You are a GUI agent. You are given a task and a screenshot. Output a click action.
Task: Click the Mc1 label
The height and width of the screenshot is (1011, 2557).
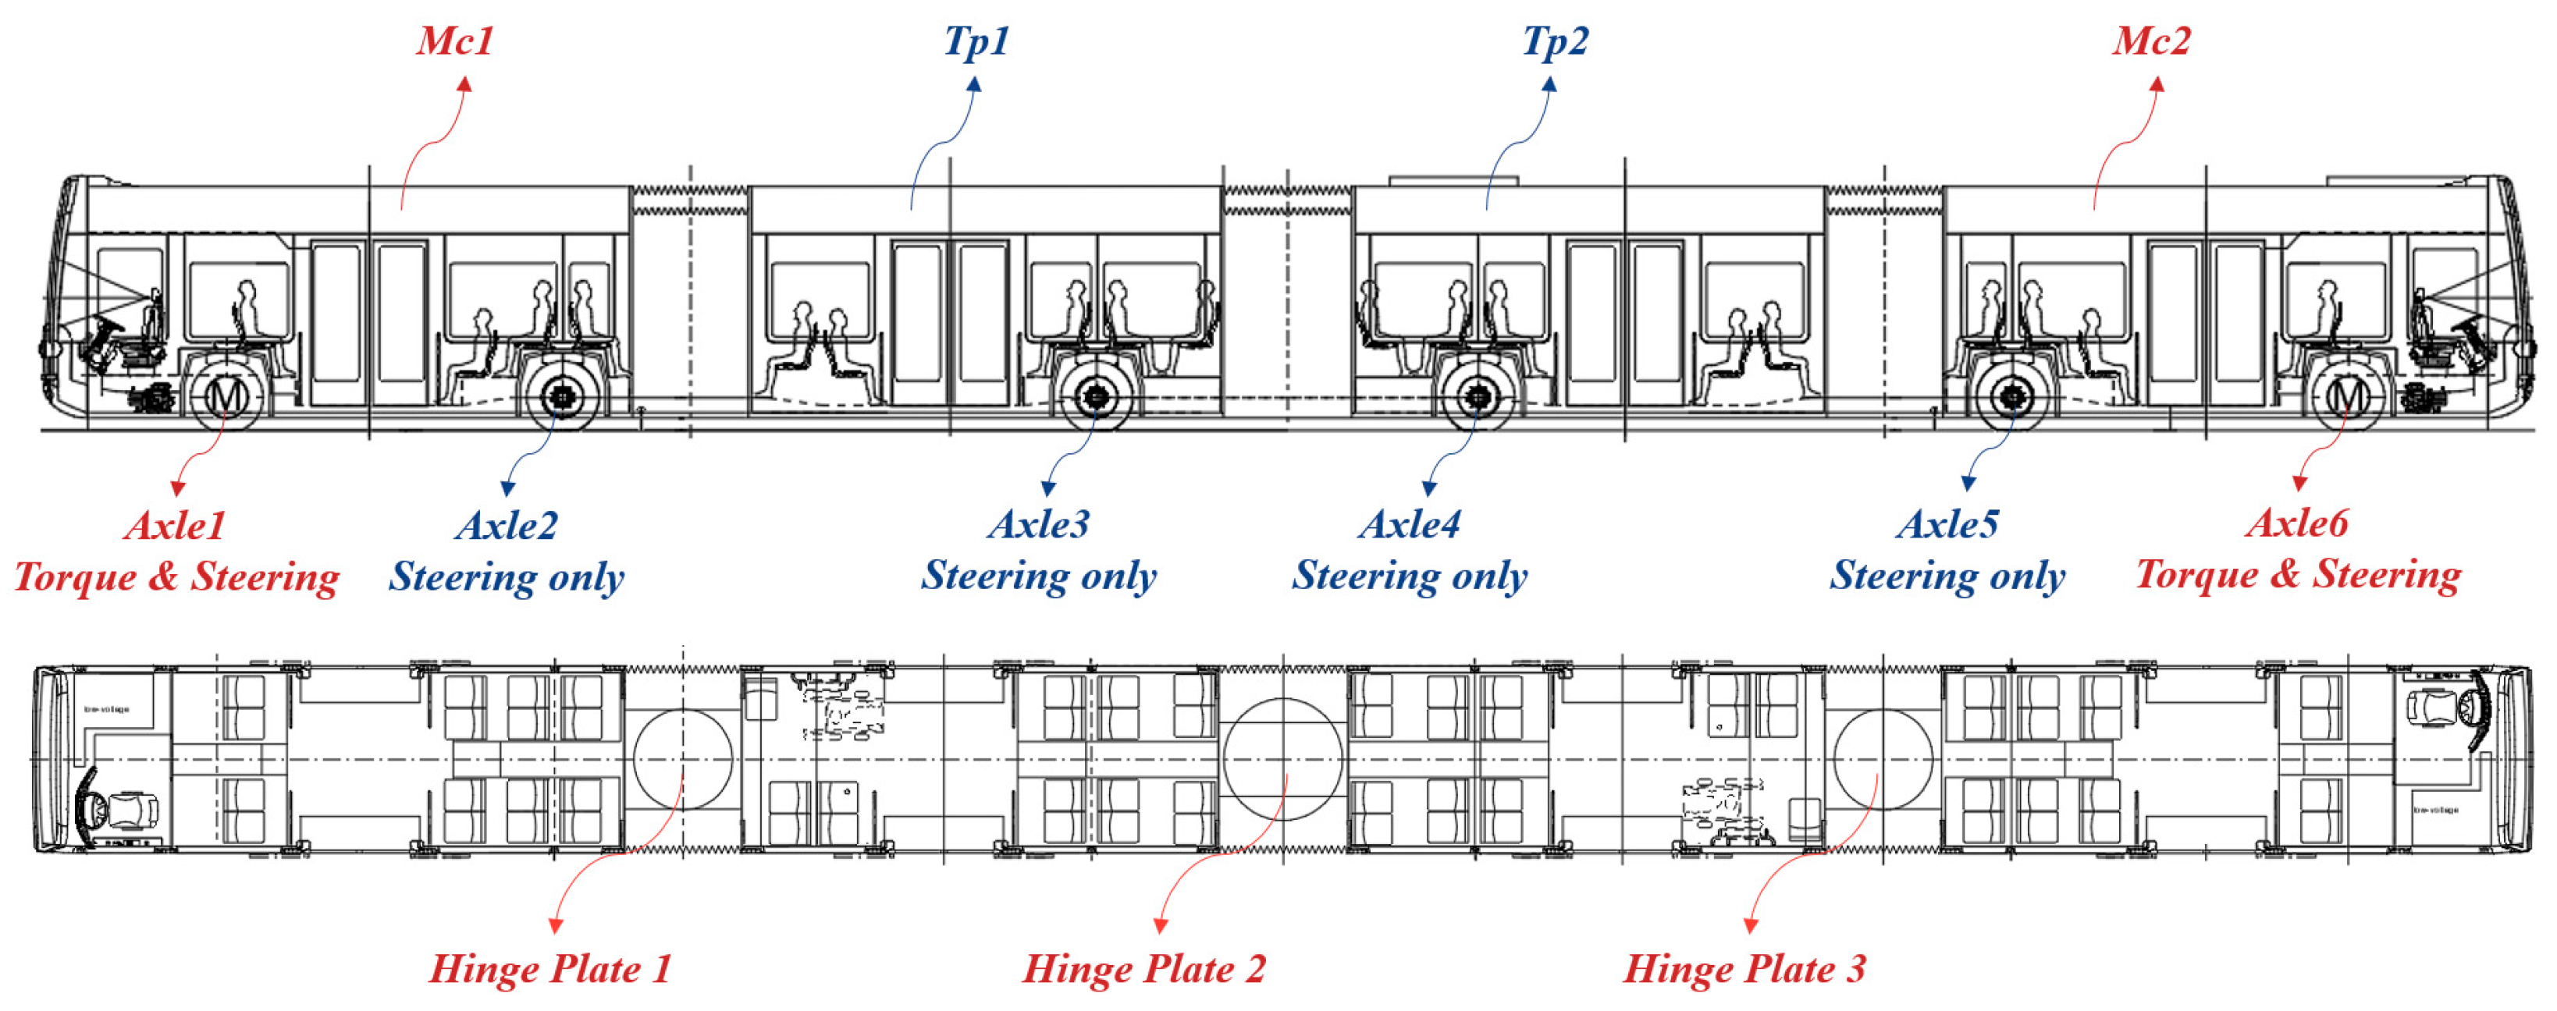coord(454,41)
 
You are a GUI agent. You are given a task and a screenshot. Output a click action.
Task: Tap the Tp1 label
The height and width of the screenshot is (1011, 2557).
coord(976,41)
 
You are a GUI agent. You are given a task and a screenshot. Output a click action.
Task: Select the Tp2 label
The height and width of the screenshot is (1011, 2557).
coord(1555,41)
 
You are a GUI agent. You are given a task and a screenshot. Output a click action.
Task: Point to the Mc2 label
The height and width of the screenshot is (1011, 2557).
coord(2151,41)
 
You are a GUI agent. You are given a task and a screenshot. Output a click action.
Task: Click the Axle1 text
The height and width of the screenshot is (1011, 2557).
coord(176,526)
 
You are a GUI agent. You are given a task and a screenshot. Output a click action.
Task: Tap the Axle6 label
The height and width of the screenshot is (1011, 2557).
coord(2297,523)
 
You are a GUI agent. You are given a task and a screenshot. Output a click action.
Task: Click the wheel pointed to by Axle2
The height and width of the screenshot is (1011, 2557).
coord(563,397)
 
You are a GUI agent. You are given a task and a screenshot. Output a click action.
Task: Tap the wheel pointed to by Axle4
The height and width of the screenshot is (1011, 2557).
coord(1478,397)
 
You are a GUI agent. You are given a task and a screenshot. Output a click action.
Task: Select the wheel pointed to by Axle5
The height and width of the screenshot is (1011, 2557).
coord(2012,397)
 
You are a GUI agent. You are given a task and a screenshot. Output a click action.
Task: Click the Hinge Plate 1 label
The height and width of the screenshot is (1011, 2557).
coord(550,968)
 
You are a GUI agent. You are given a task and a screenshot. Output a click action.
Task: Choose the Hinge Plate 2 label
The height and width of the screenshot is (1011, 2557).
coord(1143,968)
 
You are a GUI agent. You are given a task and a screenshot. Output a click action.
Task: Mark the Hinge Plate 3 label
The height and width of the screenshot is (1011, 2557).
coord(1744,968)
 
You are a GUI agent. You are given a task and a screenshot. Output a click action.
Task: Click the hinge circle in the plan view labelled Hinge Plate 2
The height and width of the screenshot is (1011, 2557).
coord(1282,758)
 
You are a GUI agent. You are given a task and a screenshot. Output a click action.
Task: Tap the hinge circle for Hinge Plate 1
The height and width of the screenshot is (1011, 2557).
coord(683,758)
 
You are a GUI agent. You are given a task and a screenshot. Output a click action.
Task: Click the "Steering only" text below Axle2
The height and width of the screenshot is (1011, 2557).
coord(507,576)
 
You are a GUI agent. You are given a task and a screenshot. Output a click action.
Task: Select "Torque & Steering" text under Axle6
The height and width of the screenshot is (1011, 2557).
coord(2298,574)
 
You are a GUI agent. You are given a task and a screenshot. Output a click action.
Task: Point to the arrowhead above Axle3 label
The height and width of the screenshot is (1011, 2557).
coord(1048,488)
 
